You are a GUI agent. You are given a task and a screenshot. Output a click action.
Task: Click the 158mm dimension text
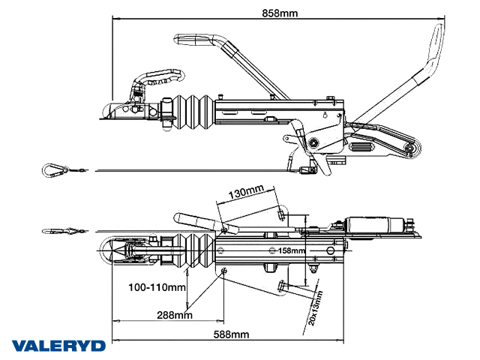coord(292,250)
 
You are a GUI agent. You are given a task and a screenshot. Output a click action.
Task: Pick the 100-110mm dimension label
coord(157,286)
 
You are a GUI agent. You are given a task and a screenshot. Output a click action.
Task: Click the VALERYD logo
coord(58,346)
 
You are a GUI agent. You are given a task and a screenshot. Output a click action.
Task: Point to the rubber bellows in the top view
coord(193,252)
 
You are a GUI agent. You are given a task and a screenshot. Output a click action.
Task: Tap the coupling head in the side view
coord(127,109)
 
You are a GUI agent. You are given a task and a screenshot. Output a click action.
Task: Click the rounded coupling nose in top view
coord(109,252)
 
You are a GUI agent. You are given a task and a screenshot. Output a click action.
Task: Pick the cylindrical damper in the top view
coord(371,226)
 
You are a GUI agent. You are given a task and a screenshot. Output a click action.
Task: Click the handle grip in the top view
coord(192,219)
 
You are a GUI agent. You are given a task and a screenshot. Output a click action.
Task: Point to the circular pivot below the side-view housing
coord(312,143)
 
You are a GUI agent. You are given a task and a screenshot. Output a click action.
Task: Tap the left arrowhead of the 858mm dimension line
coord(114,17)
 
